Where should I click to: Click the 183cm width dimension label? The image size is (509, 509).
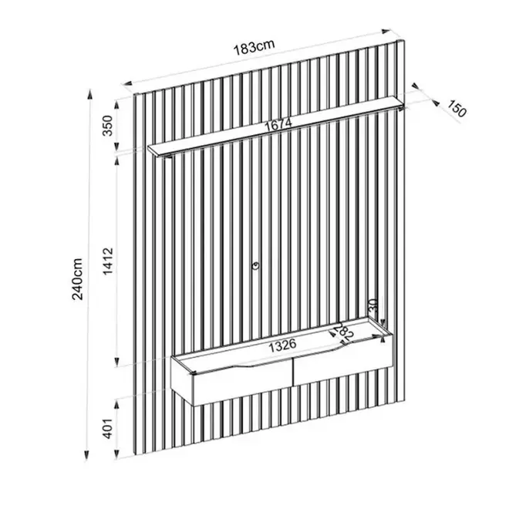pyautogui.click(x=254, y=48)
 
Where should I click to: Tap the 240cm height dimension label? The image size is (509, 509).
pyautogui.click(x=78, y=279)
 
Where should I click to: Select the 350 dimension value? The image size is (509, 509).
pyautogui.click(x=107, y=125)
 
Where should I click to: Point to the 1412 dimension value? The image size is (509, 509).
pyautogui.click(x=108, y=261)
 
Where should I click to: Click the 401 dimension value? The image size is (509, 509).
pyautogui.click(x=108, y=429)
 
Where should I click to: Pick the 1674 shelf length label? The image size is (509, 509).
pyautogui.click(x=278, y=124)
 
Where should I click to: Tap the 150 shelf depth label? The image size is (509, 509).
pyautogui.click(x=457, y=109)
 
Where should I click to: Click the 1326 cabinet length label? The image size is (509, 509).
pyautogui.click(x=283, y=346)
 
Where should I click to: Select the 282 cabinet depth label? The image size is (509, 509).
pyautogui.click(x=343, y=332)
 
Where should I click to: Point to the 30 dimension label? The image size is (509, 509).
pyautogui.click(x=373, y=305)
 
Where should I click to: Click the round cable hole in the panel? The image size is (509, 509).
pyautogui.click(x=256, y=266)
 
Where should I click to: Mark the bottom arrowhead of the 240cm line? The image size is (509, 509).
pyautogui.click(x=86, y=455)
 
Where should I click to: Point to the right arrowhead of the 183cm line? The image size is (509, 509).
pyautogui.click(x=386, y=32)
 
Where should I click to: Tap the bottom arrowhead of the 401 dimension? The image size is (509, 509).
pyautogui.click(x=116, y=453)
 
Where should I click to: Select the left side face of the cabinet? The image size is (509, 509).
pyautogui.click(x=183, y=380)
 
